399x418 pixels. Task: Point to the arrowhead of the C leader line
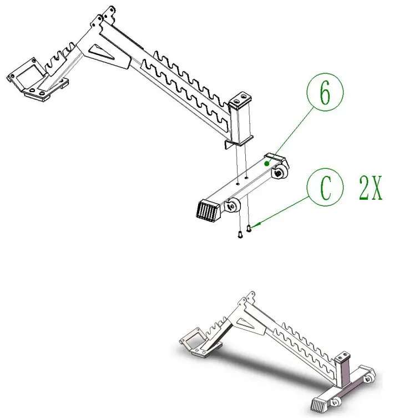click(x=256, y=225)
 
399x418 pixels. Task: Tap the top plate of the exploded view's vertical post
click(x=240, y=100)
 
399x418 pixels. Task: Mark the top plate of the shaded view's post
click(x=343, y=354)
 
